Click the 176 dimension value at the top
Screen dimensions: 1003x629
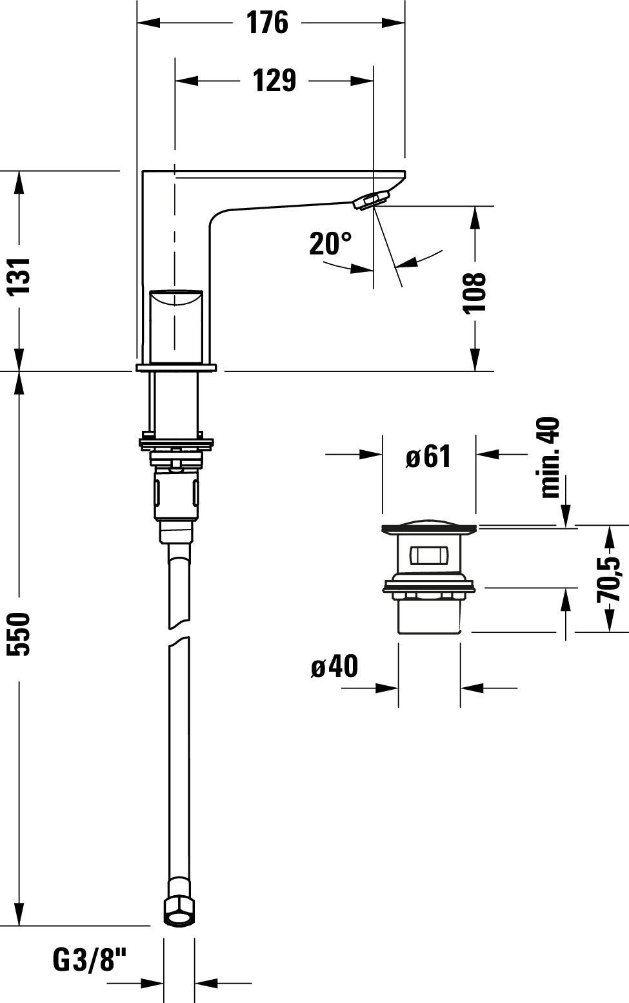pyautogui.click(x=267, y=23)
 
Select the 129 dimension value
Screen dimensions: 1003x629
pyautogui.click(x=274, y=81)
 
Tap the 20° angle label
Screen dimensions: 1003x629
pyautogui.click(x=330, y=243)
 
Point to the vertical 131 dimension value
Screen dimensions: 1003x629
pyautogui.click(x=20, y=276)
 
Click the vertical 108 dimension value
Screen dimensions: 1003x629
pyautogui.click(x=475, y=292)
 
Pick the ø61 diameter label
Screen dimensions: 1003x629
pyautogui.click(x=428, y=457)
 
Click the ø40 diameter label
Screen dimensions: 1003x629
pyautogui.click(x=334, y=667)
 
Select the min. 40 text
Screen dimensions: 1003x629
pyautogui.click(x=550, y=457)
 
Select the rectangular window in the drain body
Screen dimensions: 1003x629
pyautogui.click(x=428, y=556)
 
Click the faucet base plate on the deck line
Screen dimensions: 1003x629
pyautogui.click(x=176, y=368)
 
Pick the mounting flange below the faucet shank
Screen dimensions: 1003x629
pyautogui.click(x=176, y=443)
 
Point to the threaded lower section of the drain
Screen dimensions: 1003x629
pyautogui.click(x=429, y=616)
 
